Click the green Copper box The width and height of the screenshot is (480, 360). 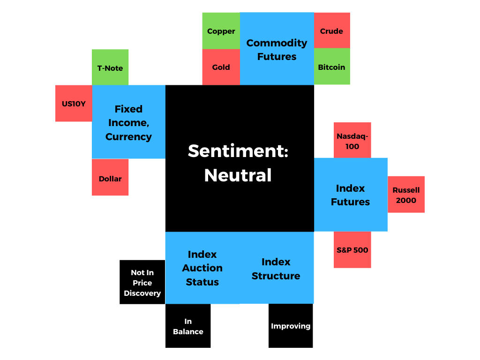(x=221, y=30)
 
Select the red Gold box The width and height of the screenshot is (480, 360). (x=221, y=67)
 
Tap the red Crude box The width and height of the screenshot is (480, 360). (x=332, y=30)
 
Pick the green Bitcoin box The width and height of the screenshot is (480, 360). (x=332, y=67)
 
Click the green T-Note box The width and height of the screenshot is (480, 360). (x=110, y=67)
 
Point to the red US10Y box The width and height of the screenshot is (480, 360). (x=74, y=104)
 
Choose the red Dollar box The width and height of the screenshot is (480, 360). (x=110, y=177)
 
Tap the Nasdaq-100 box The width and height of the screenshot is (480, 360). (x=352, y=140)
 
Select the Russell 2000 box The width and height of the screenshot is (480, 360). (x=406, y=195)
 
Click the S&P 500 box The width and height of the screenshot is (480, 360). (x=352, y=250)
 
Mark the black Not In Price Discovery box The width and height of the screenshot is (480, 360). (x=142, y=282)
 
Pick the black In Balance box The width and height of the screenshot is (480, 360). (x=188, y=326)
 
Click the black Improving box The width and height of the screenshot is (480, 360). (x=291, y=326)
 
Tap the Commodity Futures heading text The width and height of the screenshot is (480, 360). (x=277, y=50)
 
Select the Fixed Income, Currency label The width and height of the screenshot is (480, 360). (x=128, y=123)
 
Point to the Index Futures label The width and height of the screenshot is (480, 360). (x=351, y=195)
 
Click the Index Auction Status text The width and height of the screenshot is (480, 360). (x=202, y=268)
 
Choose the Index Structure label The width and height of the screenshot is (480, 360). (x=276, y=269)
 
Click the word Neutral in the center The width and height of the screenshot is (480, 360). (x=238, y=175)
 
